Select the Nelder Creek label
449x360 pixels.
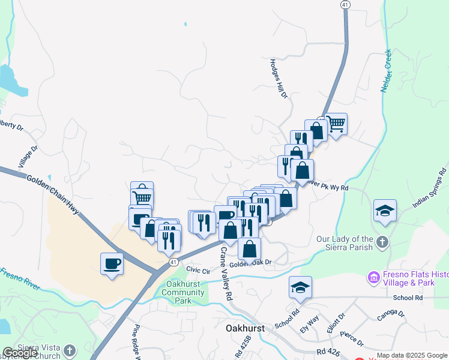pos(385,70)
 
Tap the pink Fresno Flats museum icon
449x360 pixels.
pos(373,278)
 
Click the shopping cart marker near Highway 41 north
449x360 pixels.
pos(336,124)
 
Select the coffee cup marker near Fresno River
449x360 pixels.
pos(112,263)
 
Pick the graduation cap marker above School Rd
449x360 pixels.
pos(300,287)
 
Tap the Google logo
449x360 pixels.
pos(20,353)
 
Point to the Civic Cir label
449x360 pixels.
pos(197,270)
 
